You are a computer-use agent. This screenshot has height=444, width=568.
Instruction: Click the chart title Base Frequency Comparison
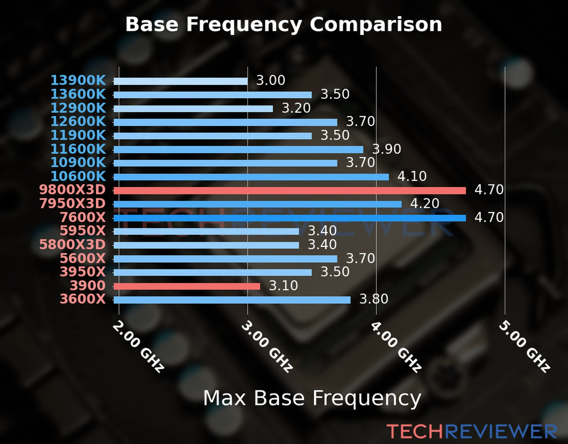[x=284, y=24]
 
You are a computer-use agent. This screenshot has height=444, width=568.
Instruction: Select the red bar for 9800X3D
[x=290, y=191]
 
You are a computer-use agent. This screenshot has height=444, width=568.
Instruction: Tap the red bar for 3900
[x=187, y=286]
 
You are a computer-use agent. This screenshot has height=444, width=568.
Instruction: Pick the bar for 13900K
[x=180, y=81]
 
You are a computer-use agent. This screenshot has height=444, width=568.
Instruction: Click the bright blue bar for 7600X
[x=290, y=218]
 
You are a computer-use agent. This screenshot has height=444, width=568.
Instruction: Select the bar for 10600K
[x=251, y=177]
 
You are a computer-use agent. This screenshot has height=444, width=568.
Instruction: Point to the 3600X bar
[x=232, y=300]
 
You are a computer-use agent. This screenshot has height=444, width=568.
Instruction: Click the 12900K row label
[x=78, y=108]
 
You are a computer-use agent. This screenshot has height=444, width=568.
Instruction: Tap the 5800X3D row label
[x=72, y=245]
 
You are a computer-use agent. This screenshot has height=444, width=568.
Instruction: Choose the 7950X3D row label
[x=72, y=203]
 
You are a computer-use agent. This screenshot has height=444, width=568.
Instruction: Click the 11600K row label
[x=78, y=149]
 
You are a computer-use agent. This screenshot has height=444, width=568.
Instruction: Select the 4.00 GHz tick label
[x=396, y=346]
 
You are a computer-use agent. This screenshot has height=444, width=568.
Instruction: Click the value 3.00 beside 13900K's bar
[x=271, y=80]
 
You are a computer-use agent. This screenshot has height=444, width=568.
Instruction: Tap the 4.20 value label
[x=425, y=203]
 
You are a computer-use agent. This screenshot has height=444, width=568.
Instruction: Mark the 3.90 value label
[x=386, y=149]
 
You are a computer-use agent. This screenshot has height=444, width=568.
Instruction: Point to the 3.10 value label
[x=283, y=286]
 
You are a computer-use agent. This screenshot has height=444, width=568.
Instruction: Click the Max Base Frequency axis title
[x=312, y=398]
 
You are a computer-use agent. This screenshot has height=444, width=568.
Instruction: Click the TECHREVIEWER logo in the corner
[x=471, y=431]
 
